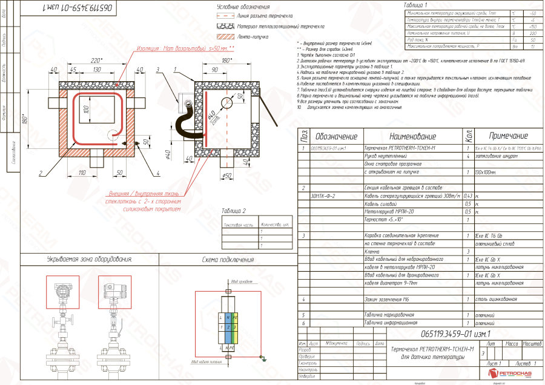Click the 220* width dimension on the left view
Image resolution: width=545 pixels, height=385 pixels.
96,61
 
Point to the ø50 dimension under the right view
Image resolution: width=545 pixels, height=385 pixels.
228,176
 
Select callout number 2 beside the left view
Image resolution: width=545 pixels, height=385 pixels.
40,173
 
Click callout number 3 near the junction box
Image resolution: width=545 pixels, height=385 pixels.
157,70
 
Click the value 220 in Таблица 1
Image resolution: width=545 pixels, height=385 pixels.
532,33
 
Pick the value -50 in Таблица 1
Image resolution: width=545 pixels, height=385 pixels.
532,13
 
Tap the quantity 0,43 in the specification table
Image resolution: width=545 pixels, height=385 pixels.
467,196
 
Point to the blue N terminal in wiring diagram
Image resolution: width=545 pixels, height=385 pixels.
227,317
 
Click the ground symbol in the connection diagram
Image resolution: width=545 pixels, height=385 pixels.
265,358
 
